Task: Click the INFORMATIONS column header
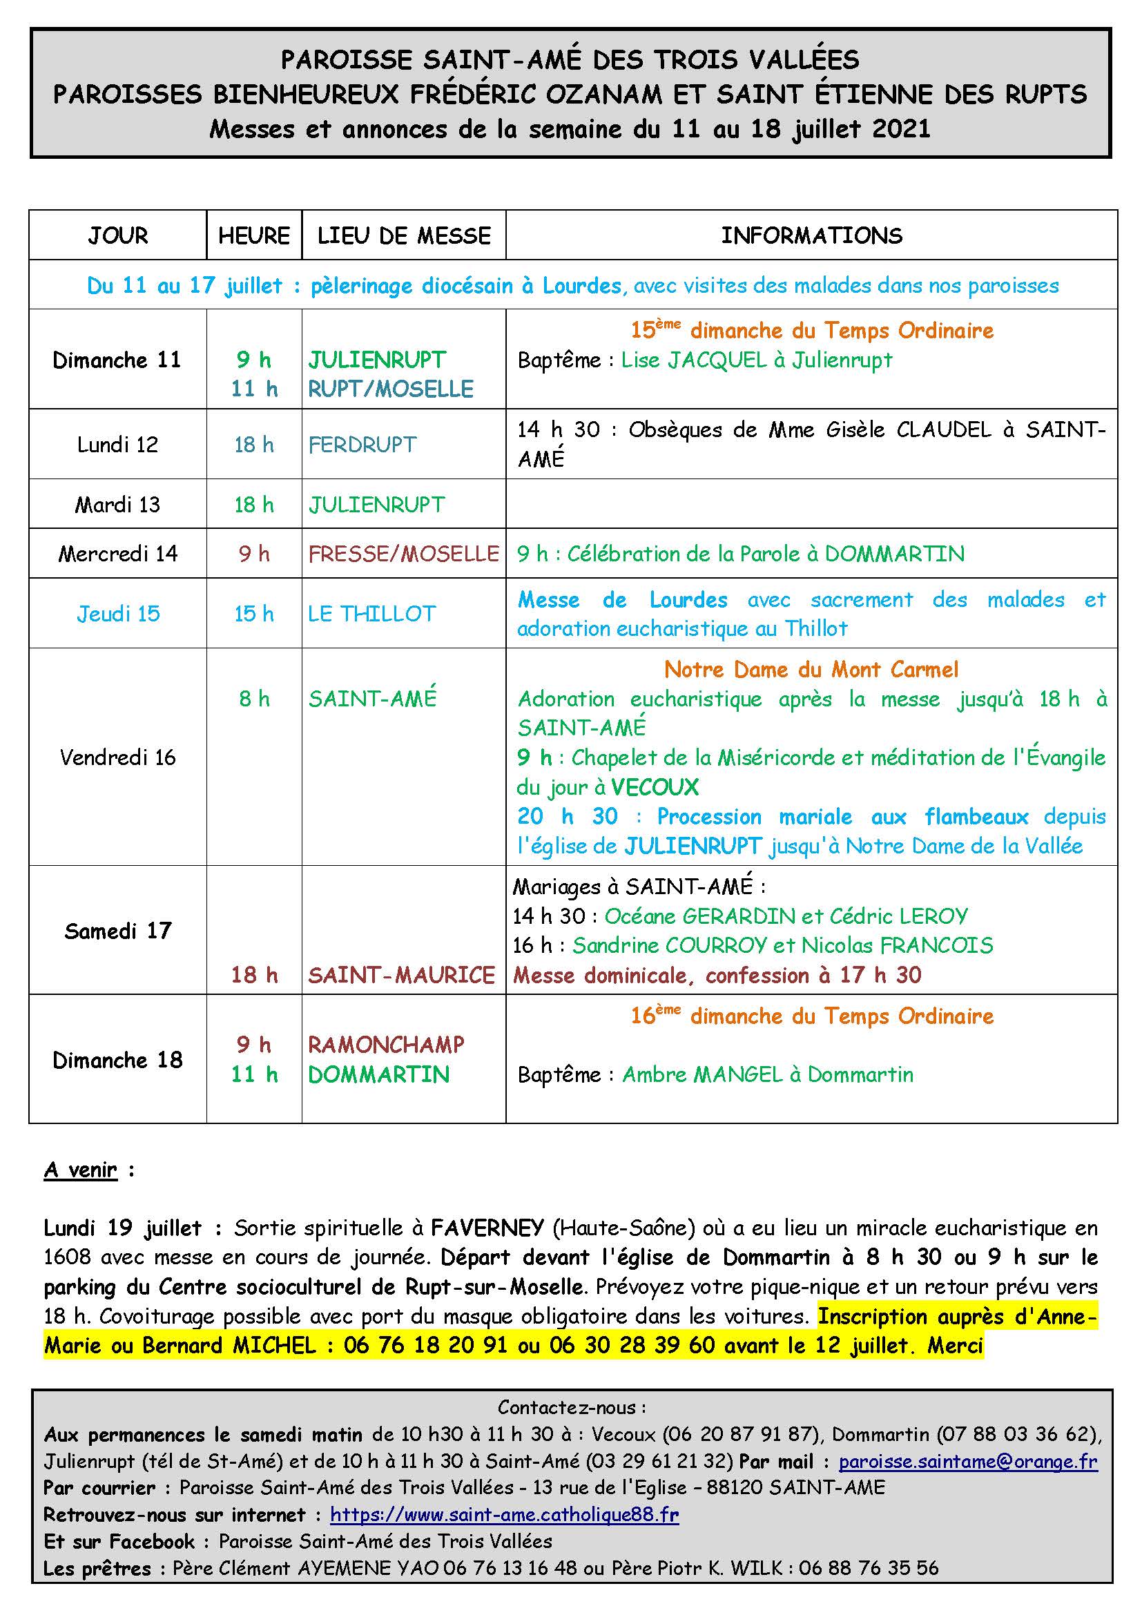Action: tap(811, 235)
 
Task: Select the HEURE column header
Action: tap(254, 235)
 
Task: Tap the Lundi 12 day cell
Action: tap(117, 445)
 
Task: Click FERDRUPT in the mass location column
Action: tap(362, 445)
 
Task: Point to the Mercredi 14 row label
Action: tap(117, 554)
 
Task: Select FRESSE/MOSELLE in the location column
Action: tap(403, 554)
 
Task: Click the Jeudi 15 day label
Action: tap(118, 614)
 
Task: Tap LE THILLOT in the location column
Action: tap(371, 614)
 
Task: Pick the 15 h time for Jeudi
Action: tap(254, 614)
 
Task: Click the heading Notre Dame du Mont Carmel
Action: tap(811, 670)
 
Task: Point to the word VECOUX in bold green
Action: tap(655, 787)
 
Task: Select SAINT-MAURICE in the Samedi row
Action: tap(402, 975)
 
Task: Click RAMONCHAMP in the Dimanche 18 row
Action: tap(386, 1045)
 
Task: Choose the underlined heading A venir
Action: tap(81, 1170)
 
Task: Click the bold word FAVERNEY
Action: tap(487, 1228)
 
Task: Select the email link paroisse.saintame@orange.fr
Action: tap(967, 1462)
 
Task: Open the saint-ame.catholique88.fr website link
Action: tap(504, 1514)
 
